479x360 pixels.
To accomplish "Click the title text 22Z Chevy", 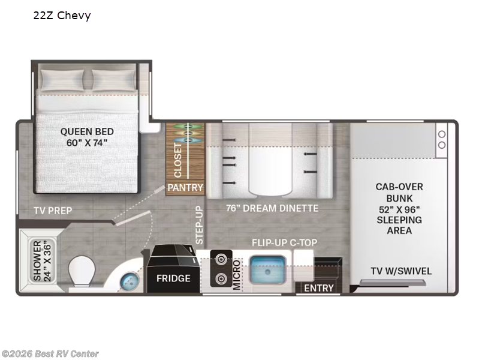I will pyautogui.click(x=62, y=16).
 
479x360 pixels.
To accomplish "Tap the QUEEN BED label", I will pyautogui.click(x=87, y=137).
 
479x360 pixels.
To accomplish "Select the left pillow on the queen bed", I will pyautogui.click(x=64, y=79).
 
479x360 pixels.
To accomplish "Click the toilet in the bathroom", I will pyautogui.click(x=83, y=271).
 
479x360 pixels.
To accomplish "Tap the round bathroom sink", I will pyautogui.click(x=128, y=280).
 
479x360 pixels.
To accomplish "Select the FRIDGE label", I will pyautogui.click(x=173, y=278).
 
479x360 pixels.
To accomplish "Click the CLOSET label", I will pyautogui.click(x=178, y=160).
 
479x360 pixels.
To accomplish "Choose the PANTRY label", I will pyautogui.click(x=185, y=188).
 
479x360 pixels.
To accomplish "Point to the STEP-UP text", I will pyautogui.click(x=200, y=224).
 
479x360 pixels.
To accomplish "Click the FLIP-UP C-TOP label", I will pyautogui.click(x=285, y=242).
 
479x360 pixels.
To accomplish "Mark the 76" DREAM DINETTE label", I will pyautogui.click(x=272, y=209).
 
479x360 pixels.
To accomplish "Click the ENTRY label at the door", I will pyautogui.click(x=318, y=288).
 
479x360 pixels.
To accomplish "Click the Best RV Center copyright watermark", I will pyautogui.click(x=50, y=354).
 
